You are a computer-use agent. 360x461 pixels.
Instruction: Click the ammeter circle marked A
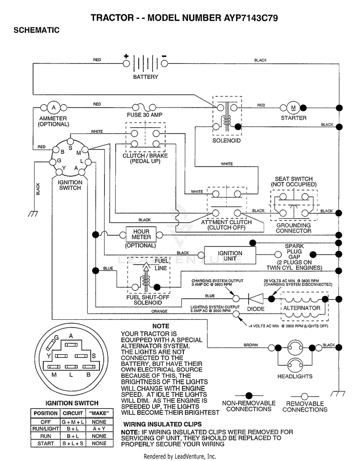click(53, 108)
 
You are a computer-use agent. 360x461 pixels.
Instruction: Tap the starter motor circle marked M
click(293, 108)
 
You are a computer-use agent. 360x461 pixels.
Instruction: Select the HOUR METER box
click(141, 234)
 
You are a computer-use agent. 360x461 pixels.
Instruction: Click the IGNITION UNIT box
click(230, 255)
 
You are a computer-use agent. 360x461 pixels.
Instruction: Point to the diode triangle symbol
click(253, 299)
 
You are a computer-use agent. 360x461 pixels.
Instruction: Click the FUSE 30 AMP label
click(144, 115)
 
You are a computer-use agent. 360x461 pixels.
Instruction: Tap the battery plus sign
click(126, 56)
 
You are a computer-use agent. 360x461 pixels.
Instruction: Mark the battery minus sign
click(164, 56)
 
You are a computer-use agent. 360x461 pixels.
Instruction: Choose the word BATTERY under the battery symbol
click(145, 77)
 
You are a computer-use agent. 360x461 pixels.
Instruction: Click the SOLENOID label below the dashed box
click(227, 141)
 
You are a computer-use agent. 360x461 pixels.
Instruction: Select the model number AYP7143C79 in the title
click(251, 18)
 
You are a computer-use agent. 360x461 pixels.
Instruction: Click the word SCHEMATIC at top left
click(36, 30)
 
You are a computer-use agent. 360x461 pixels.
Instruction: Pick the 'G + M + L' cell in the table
click(72, 422)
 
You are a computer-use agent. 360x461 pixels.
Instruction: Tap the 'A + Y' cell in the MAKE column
click(99, 429)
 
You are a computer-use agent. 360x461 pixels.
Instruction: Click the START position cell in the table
click(46, 443)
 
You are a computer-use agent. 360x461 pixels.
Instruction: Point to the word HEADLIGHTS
click(295, 376)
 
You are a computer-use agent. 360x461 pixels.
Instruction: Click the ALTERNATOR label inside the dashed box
click(301, 308)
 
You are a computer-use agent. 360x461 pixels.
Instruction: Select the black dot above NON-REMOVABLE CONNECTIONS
click(249, 395)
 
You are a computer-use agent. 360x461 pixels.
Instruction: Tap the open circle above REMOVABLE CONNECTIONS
click(305, 396)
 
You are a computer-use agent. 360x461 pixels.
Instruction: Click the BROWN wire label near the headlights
click(251, 345)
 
